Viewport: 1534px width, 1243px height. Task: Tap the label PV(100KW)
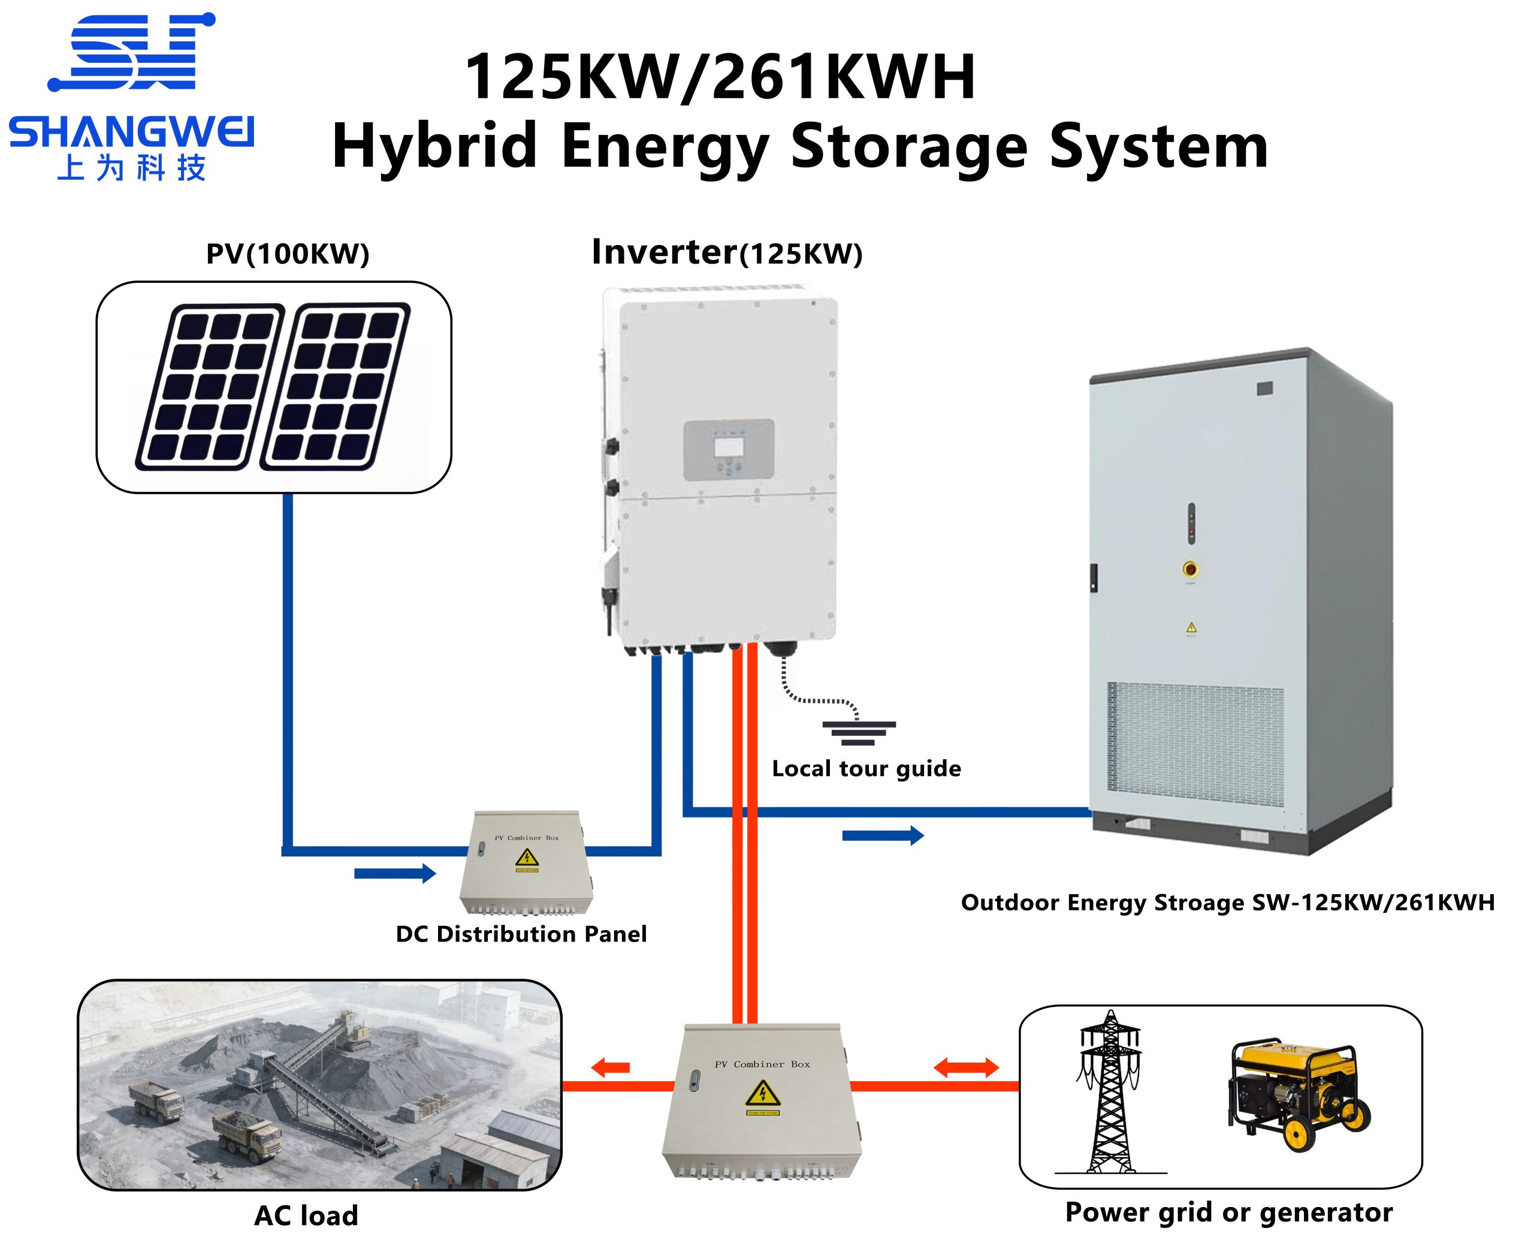pos(287,254)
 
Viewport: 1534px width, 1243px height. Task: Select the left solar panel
pos(210,387)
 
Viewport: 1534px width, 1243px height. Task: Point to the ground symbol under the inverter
pos(858,732)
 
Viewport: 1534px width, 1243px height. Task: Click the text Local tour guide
pos(866,768)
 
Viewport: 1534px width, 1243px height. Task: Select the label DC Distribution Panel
pos(521,934)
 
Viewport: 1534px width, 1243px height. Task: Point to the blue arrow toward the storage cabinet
pos(883,835)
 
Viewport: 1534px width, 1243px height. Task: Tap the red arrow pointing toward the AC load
pos(610,1067)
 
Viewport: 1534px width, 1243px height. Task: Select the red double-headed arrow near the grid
pos(967,1067)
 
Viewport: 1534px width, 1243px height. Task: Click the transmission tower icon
pos(1110,1092)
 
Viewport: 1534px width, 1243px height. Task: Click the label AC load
pos(306,1215)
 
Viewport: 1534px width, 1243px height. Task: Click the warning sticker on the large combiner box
pos(762,1095)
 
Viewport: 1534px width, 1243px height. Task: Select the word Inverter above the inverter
pos(665,252)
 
